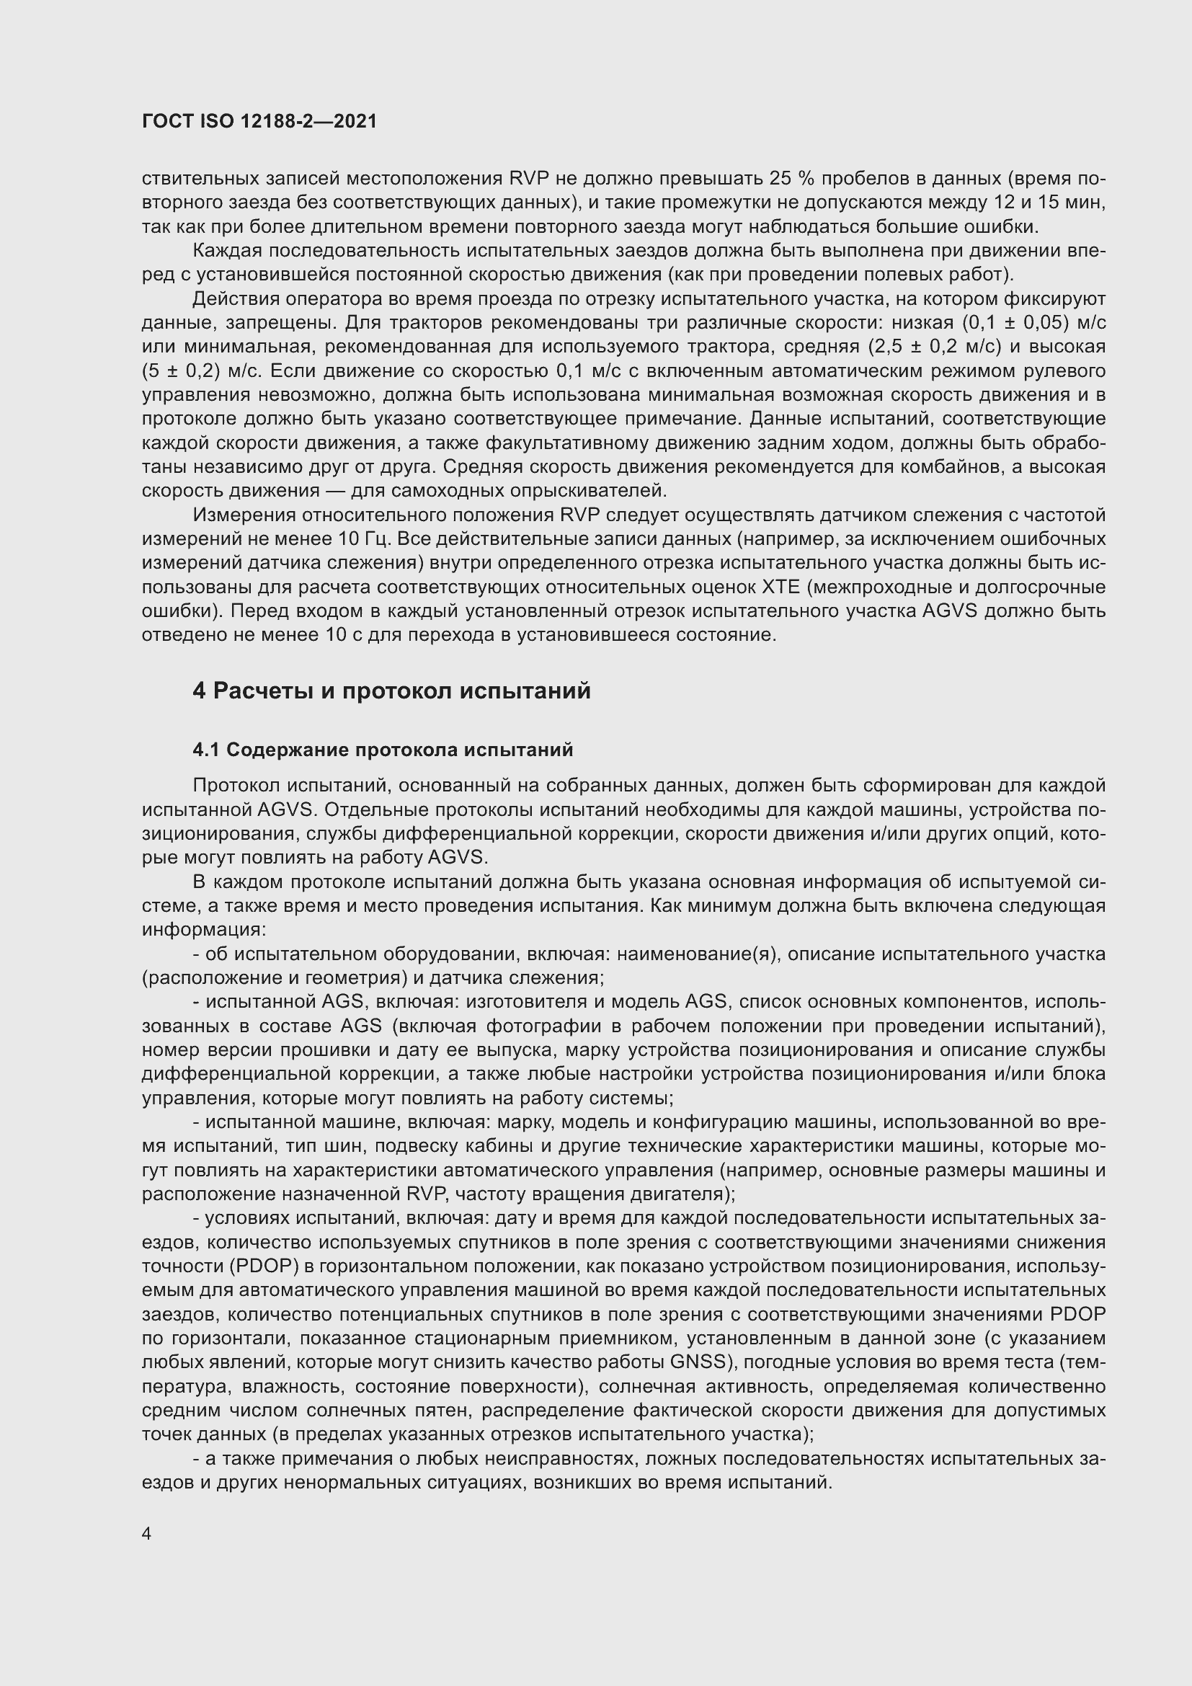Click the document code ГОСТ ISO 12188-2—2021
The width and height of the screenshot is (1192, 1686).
point(259,122)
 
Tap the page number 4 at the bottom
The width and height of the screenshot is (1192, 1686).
point(147,1534)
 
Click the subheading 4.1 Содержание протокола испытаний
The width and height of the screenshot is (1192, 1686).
point(383,750)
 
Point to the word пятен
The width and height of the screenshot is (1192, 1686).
point(435,1411)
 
